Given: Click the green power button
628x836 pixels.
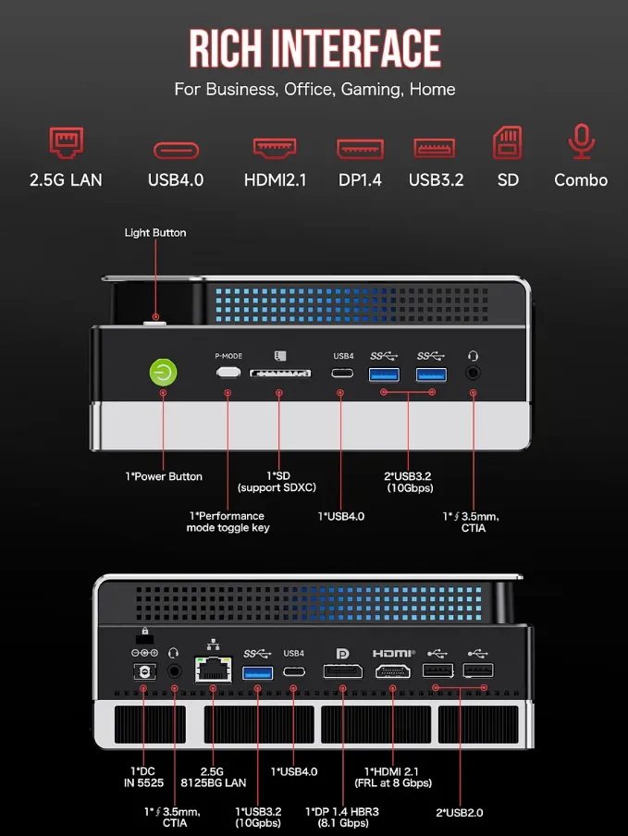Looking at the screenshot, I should (x=163, y=373).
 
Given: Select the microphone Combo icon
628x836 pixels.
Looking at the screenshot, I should (x=581, y=142).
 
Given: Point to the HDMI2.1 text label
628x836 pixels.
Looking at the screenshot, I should (x=275, y=180).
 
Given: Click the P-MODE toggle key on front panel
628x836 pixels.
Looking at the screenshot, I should (x=228, y=372).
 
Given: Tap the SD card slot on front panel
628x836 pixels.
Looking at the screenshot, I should (x=278, y=374).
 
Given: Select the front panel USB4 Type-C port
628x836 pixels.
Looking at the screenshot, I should (x=343, y=374).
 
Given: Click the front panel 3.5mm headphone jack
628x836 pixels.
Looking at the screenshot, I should (x=474, y=373).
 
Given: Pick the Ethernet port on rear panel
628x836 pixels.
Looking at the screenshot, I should (x=213, y=670).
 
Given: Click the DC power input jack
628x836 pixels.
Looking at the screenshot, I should (x=143, y=671).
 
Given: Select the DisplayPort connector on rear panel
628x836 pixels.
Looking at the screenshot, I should (x=342, y=671).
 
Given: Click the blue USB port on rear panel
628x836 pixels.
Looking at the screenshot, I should (x=257, y=671).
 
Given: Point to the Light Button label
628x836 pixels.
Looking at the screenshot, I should (x=155, y=233).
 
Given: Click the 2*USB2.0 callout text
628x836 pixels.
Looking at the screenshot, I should (x=460, y=813).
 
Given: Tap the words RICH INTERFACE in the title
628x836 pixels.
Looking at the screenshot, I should (x=314, y=48).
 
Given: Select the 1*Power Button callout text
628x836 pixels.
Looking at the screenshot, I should (x=164, y=476).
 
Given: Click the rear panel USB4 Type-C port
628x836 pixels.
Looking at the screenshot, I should (x=294, y=671).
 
